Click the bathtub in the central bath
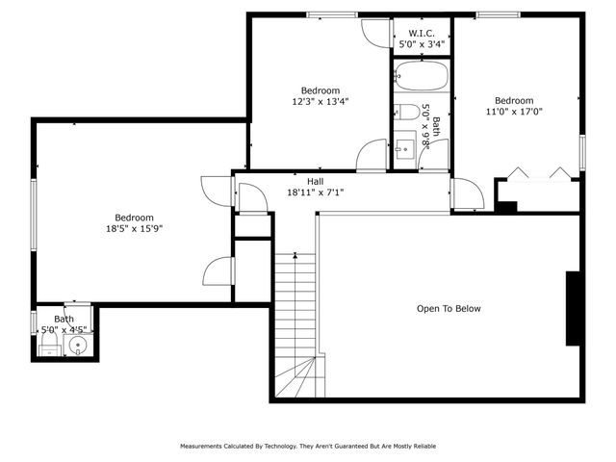tap(421, 76)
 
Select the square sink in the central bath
tap(405, 150)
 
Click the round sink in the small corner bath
tap(78, 345)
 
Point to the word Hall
tap(315, 181)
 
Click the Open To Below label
tap(448, 309)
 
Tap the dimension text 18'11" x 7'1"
tap(315, 192)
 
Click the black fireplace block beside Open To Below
tap(573, 308)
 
